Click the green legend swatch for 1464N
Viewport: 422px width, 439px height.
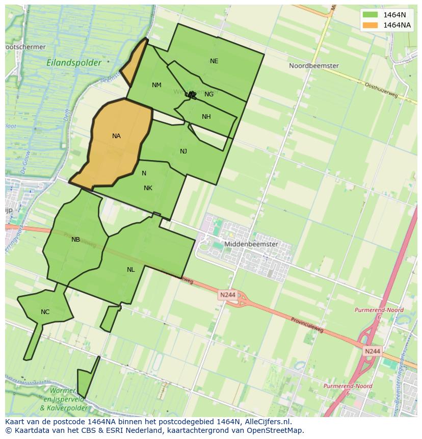pyautogui.click(x=371, y=15)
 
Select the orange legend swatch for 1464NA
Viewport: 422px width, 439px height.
pyautogui.click(x=371, y=25)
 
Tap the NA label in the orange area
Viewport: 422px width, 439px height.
pyautogui.click(x=116, y=136)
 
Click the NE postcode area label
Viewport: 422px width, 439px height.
pyautogui.click(x=214, y=61)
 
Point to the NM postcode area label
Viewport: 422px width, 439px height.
pyautogui.click(x=156, y=85)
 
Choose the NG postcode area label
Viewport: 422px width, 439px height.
pyautogui.click(x=209, y=94)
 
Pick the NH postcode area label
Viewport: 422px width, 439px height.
pyautogui.click(x=206, y=117)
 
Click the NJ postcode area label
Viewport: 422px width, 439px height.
pyautogui.click(x=183, y=151)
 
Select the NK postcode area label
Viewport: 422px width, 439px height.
pyautogui.click(x=148, y=188)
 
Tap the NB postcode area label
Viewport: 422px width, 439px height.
pyautogui.click(x=75, y=240)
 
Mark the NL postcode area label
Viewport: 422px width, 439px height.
pyautogui.click(x=131, y=270)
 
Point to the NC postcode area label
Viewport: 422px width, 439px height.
pyautogui.click(x=45, y=312)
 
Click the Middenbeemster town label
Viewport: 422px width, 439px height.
pyautogui.click(x=251, y=244)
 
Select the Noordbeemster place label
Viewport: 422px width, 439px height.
pyautogui.click(x=313, y=66)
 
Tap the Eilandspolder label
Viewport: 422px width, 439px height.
pyautogui.click(x=74, y=63)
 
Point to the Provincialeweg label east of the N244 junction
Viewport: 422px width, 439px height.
pyautogui.click(x=307, y=327)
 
